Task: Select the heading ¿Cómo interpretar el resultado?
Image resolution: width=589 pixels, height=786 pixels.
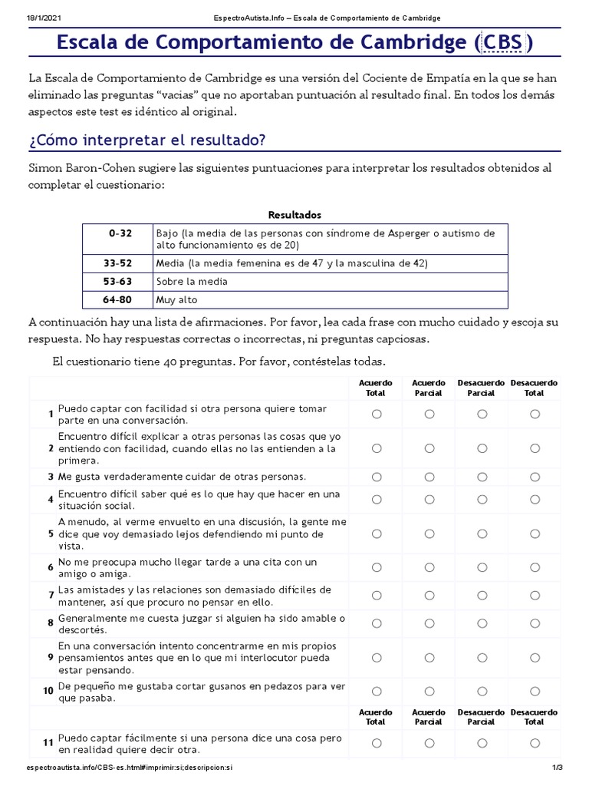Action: pyautogui.click(x=146, y=140)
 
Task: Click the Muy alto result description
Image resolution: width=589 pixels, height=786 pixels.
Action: pyautogui.click(x=176, y=299)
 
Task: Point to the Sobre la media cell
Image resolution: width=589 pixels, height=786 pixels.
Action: pyautogui.click(x=191, y=281)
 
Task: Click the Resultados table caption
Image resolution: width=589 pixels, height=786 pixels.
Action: pyautogui.click(x=294, y=214)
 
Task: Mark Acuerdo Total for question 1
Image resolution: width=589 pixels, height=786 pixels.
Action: pyautogui.click(x=377, y=414)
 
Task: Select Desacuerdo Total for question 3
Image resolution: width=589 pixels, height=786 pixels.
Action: pyautogui.click(x=535, y=477)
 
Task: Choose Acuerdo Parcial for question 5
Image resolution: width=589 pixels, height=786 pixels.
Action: pyautogui.click(x=429, y=533)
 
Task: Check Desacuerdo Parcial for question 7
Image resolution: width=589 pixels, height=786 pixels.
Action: pyautogui.click(x=482, y=595)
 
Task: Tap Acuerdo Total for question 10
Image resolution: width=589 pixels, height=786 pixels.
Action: pyautogui.click(x=377, y=692)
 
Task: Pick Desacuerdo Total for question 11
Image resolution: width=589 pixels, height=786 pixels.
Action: pyautogui.click(x=535, y=743)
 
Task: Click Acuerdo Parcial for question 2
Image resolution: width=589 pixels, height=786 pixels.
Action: pyautogui.click(x=429, y=448)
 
